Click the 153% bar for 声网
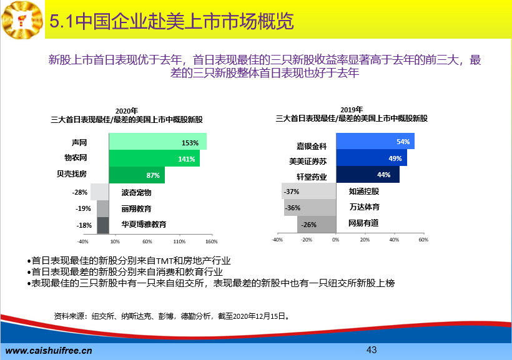point(158,142)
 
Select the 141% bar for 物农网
point(154,158)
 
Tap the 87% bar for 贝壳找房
point(137,175)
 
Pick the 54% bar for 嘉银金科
point(375,141)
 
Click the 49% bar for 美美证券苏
point(372,158)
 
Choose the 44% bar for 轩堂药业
point(368,174)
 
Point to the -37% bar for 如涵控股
point(309,191)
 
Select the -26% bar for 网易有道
point(317,224)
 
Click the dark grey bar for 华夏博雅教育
point(103,225)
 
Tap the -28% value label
point(80,192)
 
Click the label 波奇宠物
point(137,193)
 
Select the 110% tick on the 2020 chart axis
point(179,241)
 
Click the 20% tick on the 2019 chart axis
point(365,240)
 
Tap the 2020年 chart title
point(127,111)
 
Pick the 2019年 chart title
point(352,110)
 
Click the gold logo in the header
point(22,20)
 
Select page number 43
point(372,350)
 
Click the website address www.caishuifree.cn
point(49,351)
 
